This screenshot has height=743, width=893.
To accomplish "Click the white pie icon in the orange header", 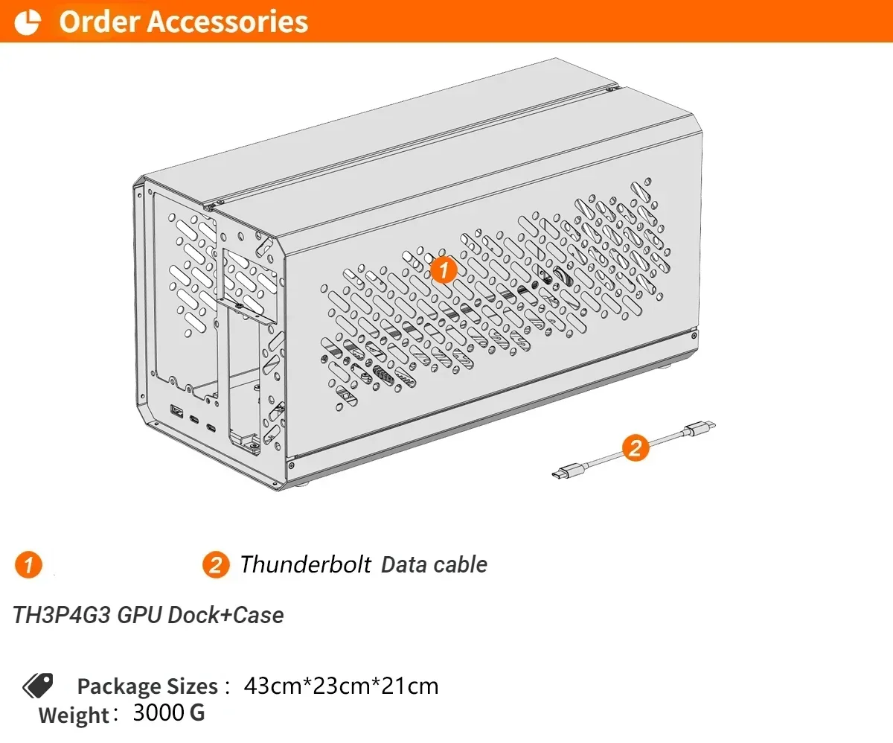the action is tap(28, 22).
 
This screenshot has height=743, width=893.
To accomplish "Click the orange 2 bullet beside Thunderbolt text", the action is tap(215, 565).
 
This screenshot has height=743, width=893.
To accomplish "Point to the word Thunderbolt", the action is tap(305, 564).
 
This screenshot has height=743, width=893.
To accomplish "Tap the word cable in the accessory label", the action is tap(461, 564).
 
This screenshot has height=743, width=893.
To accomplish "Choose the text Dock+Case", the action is tap(226, 616).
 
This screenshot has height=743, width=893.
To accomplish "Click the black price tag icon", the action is tap(37, 685).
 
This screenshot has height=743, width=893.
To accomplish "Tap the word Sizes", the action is tap(191, 686).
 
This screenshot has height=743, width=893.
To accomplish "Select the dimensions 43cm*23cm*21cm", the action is tap(341, 685).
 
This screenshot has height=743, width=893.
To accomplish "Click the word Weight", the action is tap(74, 715).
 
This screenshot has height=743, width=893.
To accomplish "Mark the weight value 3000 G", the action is tap(168, 712).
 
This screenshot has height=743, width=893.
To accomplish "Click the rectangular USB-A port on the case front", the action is tap(177, 411).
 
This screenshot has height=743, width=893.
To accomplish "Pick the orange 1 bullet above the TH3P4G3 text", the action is tap(28, 565).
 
